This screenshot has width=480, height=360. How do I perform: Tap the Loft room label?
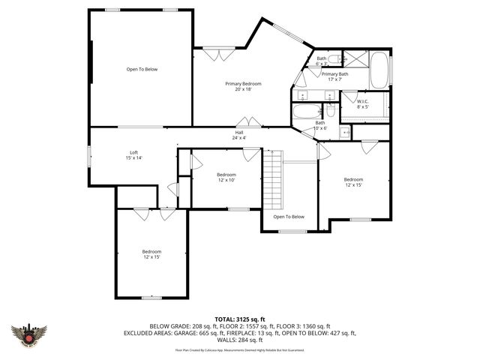click(x=133, y=155)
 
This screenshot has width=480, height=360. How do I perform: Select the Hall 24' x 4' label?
click(x=238, y=135)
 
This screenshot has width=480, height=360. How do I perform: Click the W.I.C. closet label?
click(x=362, y=104)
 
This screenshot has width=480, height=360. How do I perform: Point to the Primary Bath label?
click(x=334, y=76)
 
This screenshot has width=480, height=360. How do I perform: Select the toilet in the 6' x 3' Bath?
click(x=335, y=58)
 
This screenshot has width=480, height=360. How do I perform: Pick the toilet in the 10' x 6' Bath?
click(x=331, y=111)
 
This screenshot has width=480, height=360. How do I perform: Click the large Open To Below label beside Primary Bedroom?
click(x=142, y=69)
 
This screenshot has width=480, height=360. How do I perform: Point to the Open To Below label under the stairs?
click(x=289, y=217)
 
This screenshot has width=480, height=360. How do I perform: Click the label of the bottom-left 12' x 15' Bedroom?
click(x=151, y=254)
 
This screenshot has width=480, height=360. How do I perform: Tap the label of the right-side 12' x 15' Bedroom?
click(x=353, y=181)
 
